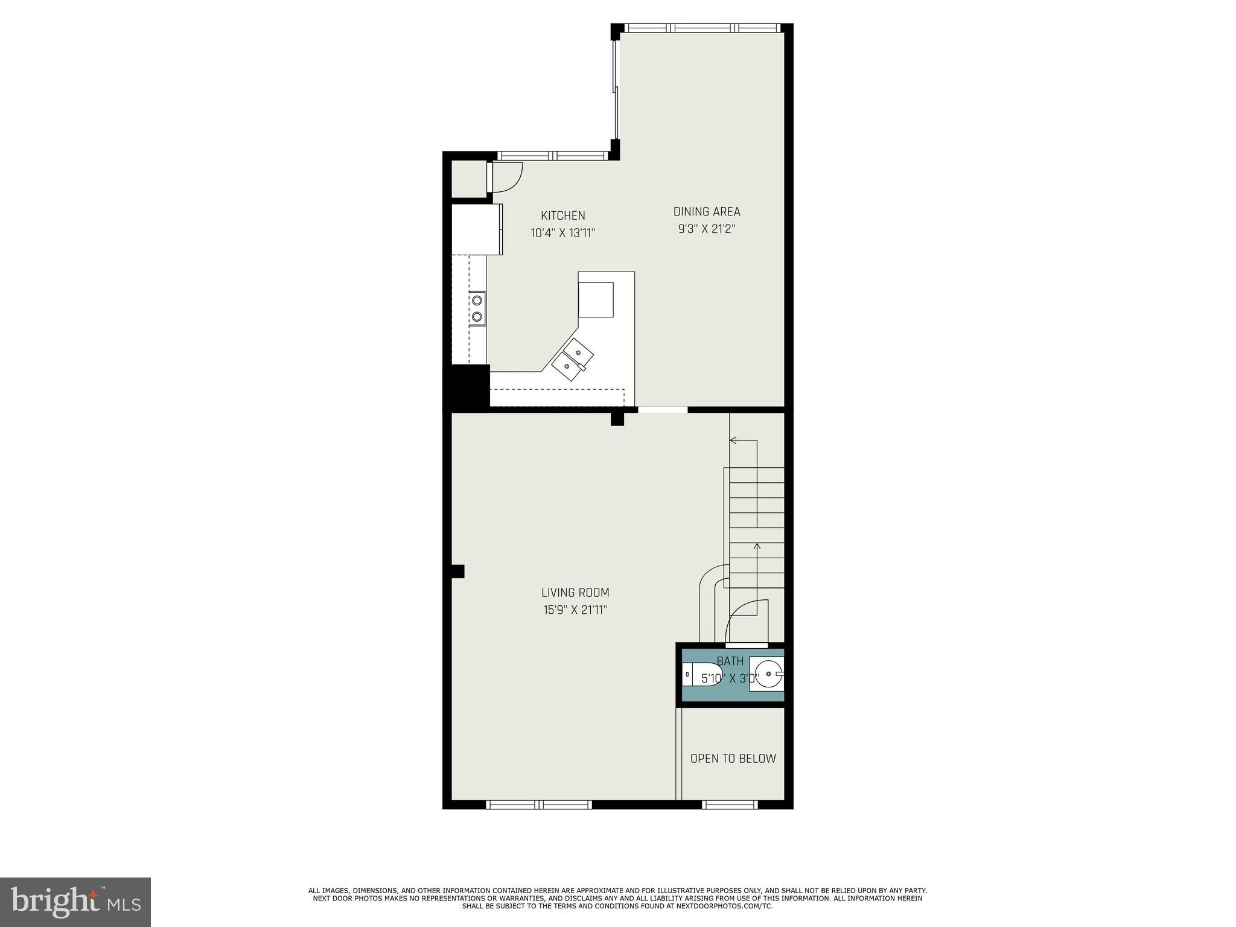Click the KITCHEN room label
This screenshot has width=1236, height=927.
tap(562, 215)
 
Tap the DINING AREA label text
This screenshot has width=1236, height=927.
tap(706, 211)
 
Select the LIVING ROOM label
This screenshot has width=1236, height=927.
tap(575, 593)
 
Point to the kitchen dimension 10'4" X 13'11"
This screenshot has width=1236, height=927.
tap(562, 233)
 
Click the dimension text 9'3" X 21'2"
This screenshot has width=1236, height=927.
tap(706, 229)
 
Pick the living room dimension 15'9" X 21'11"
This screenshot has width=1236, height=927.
tap(575, 610)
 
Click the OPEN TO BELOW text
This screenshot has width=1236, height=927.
tap(733, 759)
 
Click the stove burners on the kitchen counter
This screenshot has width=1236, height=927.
tap(477, 308)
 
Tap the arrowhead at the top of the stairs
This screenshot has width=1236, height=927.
tap(733, 441)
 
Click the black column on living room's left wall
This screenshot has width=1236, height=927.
tap(457, 571)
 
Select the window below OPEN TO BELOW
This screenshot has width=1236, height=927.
tap(730, 804)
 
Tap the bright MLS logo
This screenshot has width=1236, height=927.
tap(75, 902)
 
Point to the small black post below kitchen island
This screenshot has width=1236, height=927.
tap(617, 418)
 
